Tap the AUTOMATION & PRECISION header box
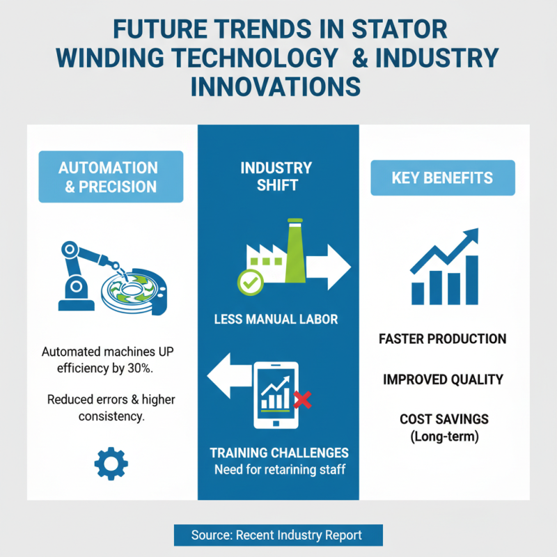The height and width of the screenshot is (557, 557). [111, 177]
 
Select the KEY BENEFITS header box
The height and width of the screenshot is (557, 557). [443, 178]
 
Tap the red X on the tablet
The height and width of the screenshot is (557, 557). [302, 400]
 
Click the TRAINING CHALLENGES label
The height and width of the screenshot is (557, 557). [278, 453]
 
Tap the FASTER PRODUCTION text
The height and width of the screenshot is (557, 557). [443, 339]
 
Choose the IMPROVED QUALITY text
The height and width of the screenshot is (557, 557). [443, 379]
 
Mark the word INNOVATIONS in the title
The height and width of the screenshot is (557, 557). [276, 87]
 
